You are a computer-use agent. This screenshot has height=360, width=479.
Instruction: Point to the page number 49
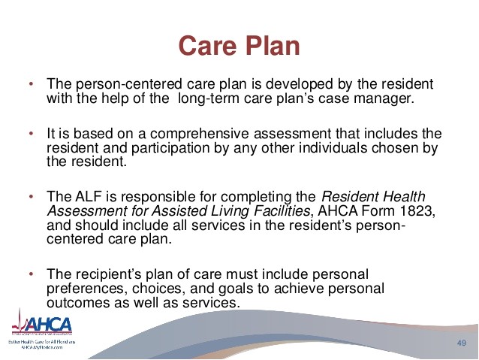tap(462, 343)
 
